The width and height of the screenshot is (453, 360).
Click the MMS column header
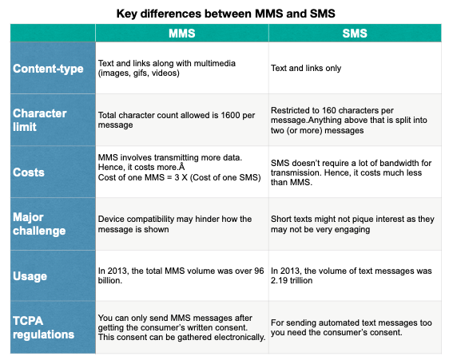(182, 34)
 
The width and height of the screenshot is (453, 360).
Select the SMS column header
(355, 34)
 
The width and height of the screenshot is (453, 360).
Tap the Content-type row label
(48, 69)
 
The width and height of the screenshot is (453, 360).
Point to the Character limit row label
(40, 120)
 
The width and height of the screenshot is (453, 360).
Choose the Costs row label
(29, 172)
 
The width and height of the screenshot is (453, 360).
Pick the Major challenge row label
(39, 224)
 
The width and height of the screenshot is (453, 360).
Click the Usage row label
(30, 276)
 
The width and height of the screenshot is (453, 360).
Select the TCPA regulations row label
(44, 327)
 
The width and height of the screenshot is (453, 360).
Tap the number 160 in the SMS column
(329, 110)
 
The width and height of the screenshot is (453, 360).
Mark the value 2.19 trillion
(292, 280)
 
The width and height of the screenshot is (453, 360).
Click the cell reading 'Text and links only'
(306, 68)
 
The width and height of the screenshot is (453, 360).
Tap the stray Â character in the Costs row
(181, 166)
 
